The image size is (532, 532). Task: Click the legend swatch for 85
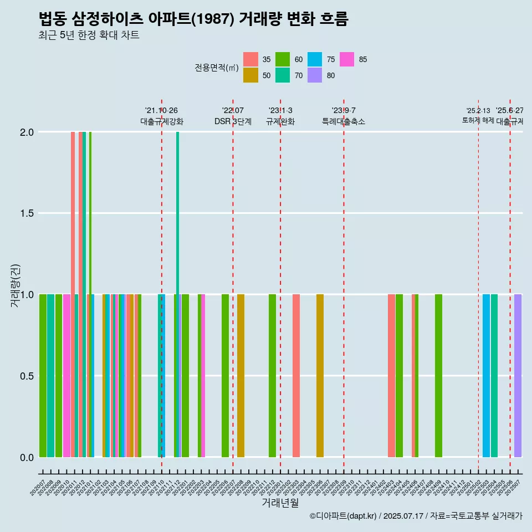347,59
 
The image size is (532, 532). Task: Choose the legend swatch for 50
250,75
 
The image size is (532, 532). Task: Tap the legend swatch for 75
315,59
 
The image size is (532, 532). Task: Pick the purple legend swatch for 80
315,75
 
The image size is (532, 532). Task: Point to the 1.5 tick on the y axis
27,213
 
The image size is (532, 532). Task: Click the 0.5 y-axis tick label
27,376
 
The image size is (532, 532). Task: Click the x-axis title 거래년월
280,503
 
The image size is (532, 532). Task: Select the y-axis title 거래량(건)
17,286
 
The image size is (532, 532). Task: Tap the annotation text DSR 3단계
233,121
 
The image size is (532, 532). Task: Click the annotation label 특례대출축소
344,121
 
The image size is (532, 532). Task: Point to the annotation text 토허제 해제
478,120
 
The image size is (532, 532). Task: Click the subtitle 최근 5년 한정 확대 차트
89,35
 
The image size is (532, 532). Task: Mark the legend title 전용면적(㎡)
216,68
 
